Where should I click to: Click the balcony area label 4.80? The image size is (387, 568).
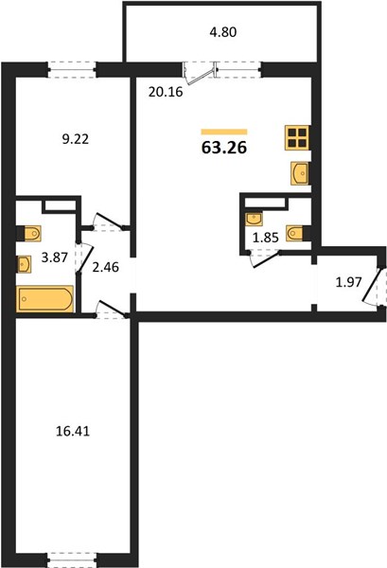(223, 32)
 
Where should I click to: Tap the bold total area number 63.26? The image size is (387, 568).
(224, 148)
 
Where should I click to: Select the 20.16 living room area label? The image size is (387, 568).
(166, 92)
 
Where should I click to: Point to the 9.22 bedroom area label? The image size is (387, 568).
(76, 139)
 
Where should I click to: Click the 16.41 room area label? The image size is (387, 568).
(73, 431)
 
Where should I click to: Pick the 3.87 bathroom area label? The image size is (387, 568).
(55, 257)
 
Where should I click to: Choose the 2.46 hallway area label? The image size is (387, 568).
(106, 267)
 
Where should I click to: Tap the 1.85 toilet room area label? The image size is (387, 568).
(265, 238)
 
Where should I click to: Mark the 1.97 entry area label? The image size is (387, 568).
(348, 282)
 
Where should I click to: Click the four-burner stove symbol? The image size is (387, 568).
(297, 137)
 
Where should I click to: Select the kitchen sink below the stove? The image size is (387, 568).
(300, 173)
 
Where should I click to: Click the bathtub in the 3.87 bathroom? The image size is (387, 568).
(44, 298)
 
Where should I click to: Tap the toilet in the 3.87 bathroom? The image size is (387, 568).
(31, 233)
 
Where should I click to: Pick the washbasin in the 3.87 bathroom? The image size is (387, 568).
(24, 264)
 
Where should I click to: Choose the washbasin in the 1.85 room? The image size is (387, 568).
(254, 220)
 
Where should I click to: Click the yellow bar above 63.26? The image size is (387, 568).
(224, 132)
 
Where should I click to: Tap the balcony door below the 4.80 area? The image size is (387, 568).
(199, 74)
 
